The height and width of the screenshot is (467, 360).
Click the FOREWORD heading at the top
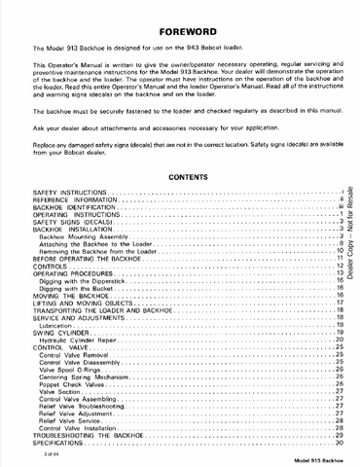point(180,29)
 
